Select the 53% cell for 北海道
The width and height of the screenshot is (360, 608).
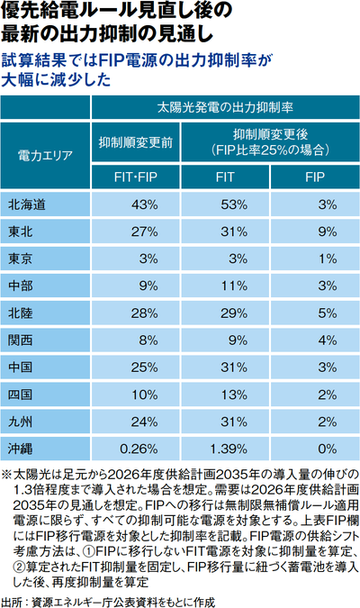[x=234, y=204]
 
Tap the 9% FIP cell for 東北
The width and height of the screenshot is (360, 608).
[x=328, y=231]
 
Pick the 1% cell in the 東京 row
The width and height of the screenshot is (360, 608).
[x=328, y=259]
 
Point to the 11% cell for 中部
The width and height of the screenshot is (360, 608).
[x=234, y=286]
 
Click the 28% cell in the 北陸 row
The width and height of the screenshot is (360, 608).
[x=145, y=313]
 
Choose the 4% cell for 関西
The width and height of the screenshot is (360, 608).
[x=328, y=340]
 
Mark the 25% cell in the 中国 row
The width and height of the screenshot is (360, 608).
[x=145, y=368]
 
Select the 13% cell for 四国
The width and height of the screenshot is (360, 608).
[x=234, y=395]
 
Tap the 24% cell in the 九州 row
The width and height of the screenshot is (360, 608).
[x=145, y=422]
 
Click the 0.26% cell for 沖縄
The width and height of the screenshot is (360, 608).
[x=139, y=449]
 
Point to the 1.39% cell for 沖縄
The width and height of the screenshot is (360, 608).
[x=229, y=449]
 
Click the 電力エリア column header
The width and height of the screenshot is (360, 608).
[x=45, y=156]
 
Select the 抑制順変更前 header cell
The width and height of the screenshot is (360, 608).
[x=136, y=142]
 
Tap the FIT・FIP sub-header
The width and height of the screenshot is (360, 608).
[x=136, y=177]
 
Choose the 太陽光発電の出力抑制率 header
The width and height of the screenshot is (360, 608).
[x=225, y=107]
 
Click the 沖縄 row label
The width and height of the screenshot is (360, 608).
[x=21, y=449]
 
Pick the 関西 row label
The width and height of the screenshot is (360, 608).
[x=21, y=340]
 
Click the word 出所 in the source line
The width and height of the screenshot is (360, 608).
[x=12, y=602]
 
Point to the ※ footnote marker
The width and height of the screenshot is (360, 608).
[x=6, y=474]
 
